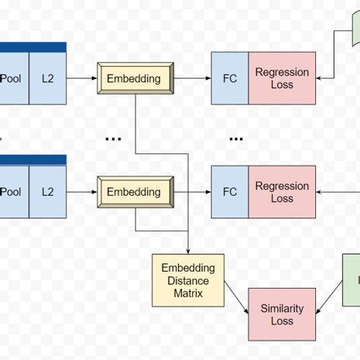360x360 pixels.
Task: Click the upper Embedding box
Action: coord(133,78)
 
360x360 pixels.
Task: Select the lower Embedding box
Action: coord(133,192)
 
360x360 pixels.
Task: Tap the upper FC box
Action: coord(229,78)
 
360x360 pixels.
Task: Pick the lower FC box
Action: coord(229,192)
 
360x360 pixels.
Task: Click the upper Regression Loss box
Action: coord(282,78)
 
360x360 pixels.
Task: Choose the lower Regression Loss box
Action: coord(282,192)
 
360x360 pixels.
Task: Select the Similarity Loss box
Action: coord(282,314)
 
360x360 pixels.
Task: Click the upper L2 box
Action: coord(48,78)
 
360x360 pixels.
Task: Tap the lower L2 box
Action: coord(48,192)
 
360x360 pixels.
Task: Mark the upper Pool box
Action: coord(12,78)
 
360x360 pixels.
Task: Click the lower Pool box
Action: coord(12,192)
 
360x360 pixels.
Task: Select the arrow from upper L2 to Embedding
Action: coord(82,78)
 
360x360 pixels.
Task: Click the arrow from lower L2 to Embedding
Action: coord(82,192)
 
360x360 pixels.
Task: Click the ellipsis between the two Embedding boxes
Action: coord(113,139)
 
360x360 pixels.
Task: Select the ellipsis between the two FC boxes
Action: coord(235,139)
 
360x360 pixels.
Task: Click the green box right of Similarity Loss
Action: coord(351,280)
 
